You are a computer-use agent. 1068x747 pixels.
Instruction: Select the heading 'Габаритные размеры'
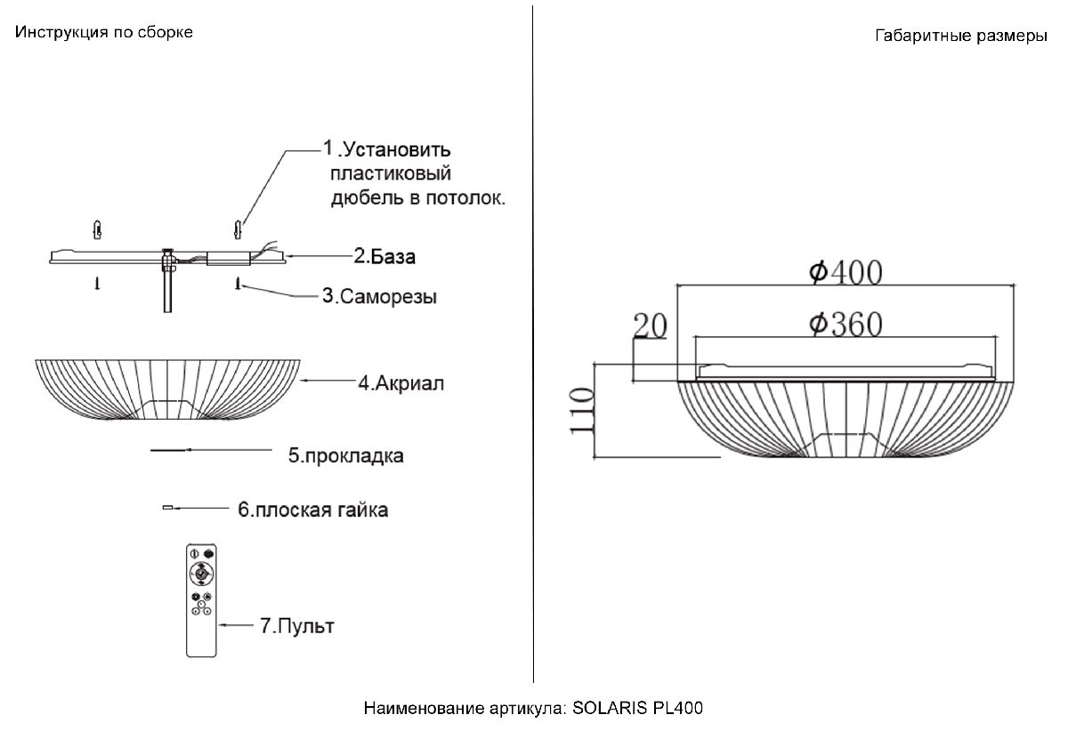click(961, 37)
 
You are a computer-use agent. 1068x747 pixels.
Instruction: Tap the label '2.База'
click(384, 257)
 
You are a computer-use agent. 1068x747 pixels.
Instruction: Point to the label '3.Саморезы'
click(379, 296)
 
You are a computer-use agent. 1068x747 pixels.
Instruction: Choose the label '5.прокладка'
click(345, 456)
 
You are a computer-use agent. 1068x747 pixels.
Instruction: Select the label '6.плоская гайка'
click(312, 510)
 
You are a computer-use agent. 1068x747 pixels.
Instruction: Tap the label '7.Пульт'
click(296, 626)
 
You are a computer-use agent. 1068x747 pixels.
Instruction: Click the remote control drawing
click(202, 599)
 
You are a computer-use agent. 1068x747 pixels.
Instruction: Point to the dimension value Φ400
click(845, 272)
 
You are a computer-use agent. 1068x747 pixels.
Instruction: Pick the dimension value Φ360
click(845, 325)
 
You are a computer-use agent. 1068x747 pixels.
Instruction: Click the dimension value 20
click(650, 327)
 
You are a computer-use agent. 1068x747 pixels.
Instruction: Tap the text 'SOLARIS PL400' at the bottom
click(637, 709)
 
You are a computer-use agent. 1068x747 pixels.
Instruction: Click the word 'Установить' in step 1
click(397, 148)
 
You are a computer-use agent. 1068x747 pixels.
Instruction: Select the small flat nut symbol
click(166, 508)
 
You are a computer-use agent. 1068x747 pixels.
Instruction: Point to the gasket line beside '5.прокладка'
click(169, 452)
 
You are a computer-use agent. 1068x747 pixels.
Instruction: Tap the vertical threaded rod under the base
click(167, 290)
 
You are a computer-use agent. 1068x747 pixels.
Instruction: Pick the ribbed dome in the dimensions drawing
click(845, 418)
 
